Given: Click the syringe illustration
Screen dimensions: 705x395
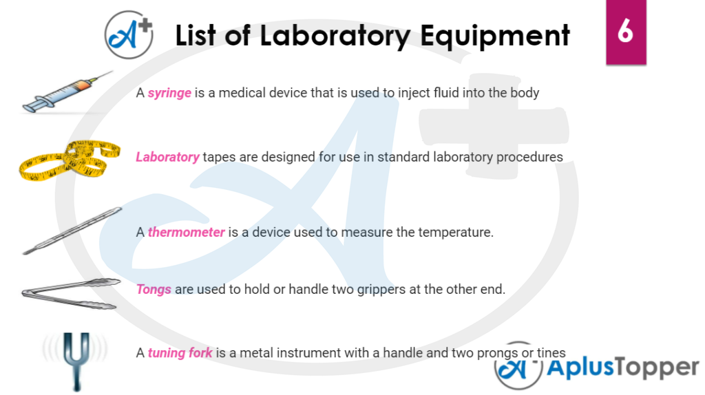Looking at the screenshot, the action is pos(67,92).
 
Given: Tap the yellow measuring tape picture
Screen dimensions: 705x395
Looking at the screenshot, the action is pos(70,160).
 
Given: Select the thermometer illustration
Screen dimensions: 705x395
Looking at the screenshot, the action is pos(72,231).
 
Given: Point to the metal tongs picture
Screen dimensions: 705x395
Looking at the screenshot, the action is pos(71,293).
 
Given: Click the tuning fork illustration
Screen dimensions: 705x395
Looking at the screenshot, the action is pos(76,361).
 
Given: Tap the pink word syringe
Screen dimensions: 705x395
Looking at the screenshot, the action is pos(169,93).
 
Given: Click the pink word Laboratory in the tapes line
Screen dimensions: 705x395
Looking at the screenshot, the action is pos(167,158).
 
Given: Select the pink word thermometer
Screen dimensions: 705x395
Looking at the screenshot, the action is pos(186,233).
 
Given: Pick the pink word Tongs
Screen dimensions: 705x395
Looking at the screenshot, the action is pos(154,290).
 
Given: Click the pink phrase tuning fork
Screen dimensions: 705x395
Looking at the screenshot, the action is pos(180,353).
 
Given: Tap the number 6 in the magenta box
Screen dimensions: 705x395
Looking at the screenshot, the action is pos(625,31).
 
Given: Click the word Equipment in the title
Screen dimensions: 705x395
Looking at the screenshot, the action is pos(495,36).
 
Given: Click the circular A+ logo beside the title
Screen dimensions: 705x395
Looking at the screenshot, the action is pos(129,35).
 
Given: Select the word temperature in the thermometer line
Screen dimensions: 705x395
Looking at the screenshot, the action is pos(456,233).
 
